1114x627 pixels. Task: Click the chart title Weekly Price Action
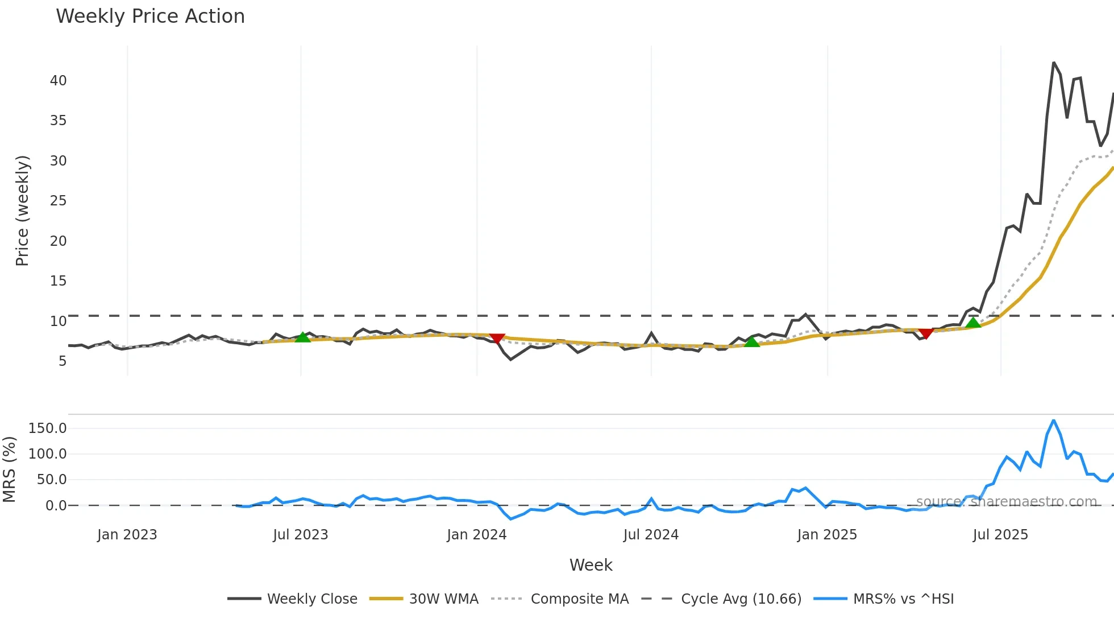(x=150, y=16)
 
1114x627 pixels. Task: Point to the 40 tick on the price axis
(x=58, y=81)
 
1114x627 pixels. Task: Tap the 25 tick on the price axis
(x=58, y=201)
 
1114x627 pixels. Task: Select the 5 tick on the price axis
(x=62, y=361)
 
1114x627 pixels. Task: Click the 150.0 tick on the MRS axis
(x=47, y=428)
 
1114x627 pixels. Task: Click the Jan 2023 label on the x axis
(x=127, y=535)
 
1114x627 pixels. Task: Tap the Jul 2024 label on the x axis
(x=651, y=535)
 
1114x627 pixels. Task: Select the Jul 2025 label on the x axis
(x=1000, y=535)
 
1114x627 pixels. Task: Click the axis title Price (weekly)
(x=22, y=211)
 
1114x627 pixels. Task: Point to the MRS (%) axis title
(x=9, y=469)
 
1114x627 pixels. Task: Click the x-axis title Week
(x=591, y=565)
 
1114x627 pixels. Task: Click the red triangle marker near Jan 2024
(x=497, y=339)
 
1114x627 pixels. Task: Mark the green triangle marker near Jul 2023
(x=303, y=337)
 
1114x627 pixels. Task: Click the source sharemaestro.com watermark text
(x=1006, y=502)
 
